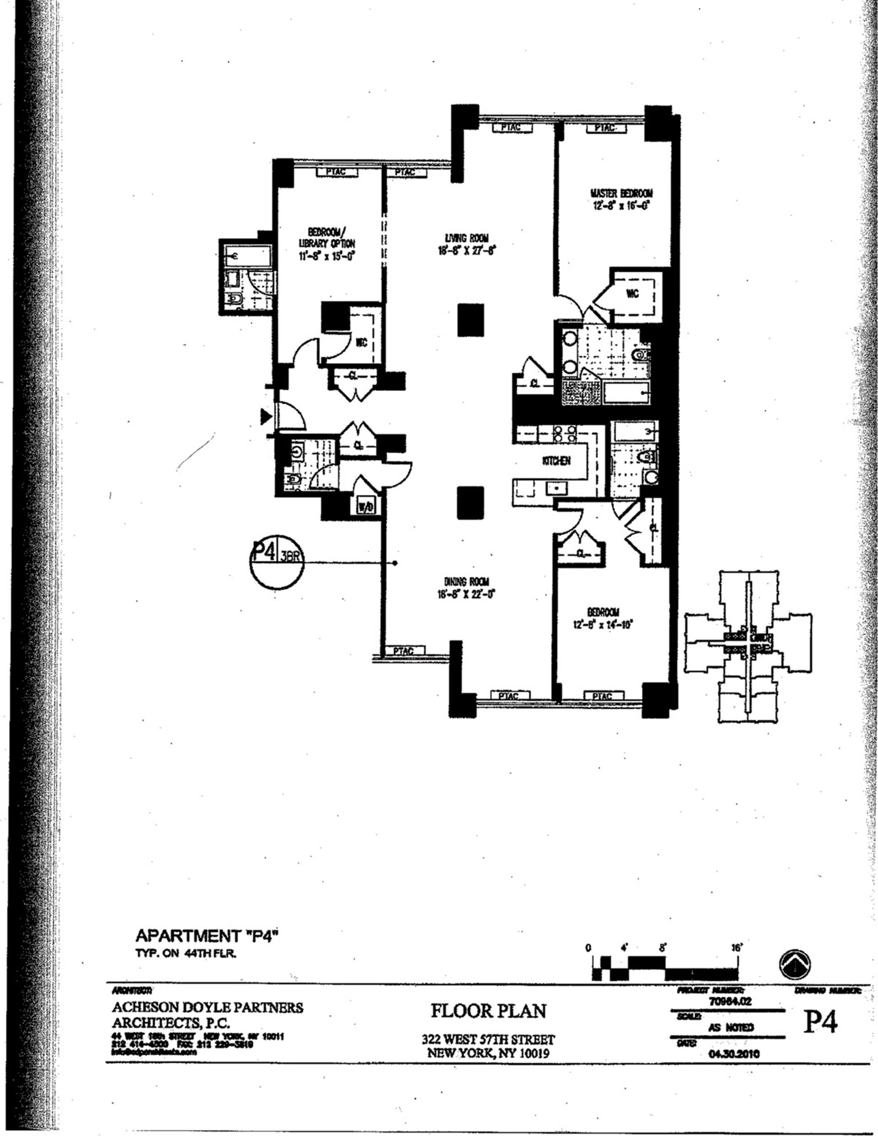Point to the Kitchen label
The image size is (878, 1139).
[x=557, y=461]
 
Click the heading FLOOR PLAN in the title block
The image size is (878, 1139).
[x=488, y=1011]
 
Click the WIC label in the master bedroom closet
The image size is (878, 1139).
[x=632, y=294]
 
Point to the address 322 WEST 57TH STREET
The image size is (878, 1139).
[x=488, y=1039]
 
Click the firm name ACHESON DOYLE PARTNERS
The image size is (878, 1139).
[x=207, y=1007]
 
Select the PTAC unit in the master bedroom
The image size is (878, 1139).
[x=604, y=127]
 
